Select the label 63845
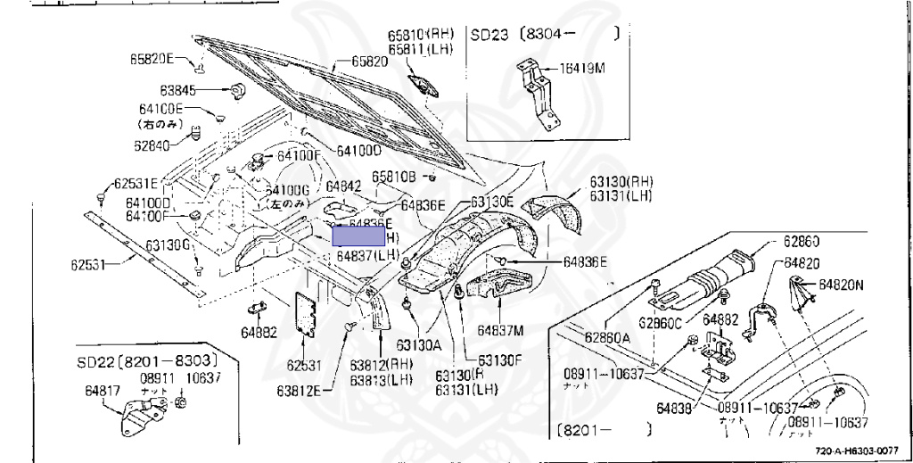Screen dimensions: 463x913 (x=178, y=90)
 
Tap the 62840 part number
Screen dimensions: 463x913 (x=156, y=145)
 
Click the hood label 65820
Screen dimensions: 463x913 (x=369, y=62)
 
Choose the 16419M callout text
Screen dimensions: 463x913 (x=580, y=67)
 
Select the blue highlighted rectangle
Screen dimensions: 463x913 (x=358, y=236)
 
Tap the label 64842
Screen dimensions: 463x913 (x=342, y=186)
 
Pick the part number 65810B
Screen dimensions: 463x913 (x=394, y=177)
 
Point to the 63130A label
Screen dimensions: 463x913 (x=419, y=342)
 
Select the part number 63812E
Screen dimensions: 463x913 (x=298, y=391)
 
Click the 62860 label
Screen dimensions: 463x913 (x=802, y=241)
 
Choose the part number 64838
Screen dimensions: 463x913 (x=676, y=408)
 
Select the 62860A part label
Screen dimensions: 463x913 (x=607, y=336)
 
